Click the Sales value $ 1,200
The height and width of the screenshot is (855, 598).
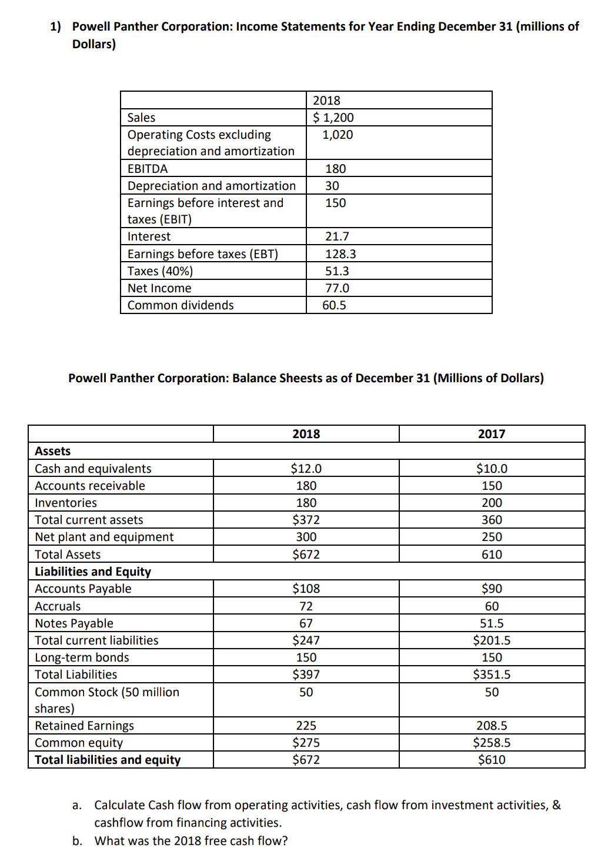tap(333, 118)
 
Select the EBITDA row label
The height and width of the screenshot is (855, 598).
tap(148, 169)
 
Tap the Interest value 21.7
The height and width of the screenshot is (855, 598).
tap(337, 236)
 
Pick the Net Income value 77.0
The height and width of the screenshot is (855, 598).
tap(337, 288)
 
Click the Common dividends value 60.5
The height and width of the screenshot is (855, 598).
tap(334, 305)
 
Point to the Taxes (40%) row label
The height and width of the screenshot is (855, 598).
tap(160, 271)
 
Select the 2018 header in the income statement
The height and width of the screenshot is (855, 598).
tap(326, 101)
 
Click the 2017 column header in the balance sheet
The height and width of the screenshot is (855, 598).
tap(492, 434)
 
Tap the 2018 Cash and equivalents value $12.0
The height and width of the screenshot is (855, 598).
tap(306, 469)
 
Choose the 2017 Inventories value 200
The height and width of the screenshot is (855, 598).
tap(492, 503)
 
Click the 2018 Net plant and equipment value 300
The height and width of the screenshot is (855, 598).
tap(306, 537)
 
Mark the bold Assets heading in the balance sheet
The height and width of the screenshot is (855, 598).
tap(52, 451)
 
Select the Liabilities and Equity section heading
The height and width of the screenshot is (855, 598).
tap(93, 572)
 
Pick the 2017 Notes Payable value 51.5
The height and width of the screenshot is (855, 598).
tap(492, 623)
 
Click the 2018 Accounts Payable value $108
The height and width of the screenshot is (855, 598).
tap(306, 589)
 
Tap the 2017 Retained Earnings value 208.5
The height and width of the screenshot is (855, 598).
tap(492, 726)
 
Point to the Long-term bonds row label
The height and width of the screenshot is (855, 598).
tap(82, 657)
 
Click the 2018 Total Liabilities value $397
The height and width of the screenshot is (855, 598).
tap(306, 674)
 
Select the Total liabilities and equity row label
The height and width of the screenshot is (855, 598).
tap(108, 760)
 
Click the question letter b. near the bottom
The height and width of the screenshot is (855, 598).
tap(77, 841)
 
